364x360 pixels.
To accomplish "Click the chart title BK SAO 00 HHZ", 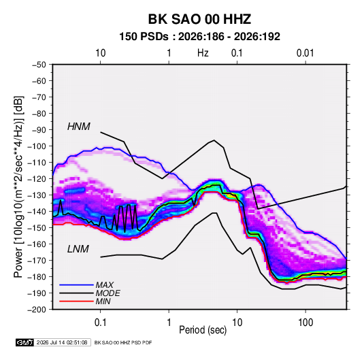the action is coord(199,19).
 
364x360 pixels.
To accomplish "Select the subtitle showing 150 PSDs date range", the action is coord(199,37).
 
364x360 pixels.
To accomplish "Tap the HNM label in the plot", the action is coord(78,127).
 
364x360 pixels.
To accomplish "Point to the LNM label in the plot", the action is coord(78,249).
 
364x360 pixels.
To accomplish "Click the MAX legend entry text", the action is coord(105,285).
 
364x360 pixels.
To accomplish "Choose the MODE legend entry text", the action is coord(107,293).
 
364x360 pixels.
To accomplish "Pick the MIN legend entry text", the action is coord(103,301).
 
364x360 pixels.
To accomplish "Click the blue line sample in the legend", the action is coord(76,284).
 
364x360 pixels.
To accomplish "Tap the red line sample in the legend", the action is coord(76,301).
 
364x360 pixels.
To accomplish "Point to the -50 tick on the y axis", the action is coord(39,65).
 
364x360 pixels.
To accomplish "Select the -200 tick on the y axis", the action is coord(37,310).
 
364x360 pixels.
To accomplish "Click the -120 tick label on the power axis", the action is coord(37,179).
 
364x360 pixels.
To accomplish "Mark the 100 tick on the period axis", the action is coord(305,322).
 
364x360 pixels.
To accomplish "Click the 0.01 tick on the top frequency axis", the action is coord(305,53).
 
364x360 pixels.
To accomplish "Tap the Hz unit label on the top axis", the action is coord(203,53).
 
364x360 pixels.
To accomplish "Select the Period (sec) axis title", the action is coord(203,330).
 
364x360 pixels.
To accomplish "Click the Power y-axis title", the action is coord(18,187).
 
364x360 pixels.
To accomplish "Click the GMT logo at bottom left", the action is coord(25,342).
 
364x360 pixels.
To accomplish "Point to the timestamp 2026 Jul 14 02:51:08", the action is coord(62,342).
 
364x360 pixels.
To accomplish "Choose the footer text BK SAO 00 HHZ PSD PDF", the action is coord(123,342).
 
